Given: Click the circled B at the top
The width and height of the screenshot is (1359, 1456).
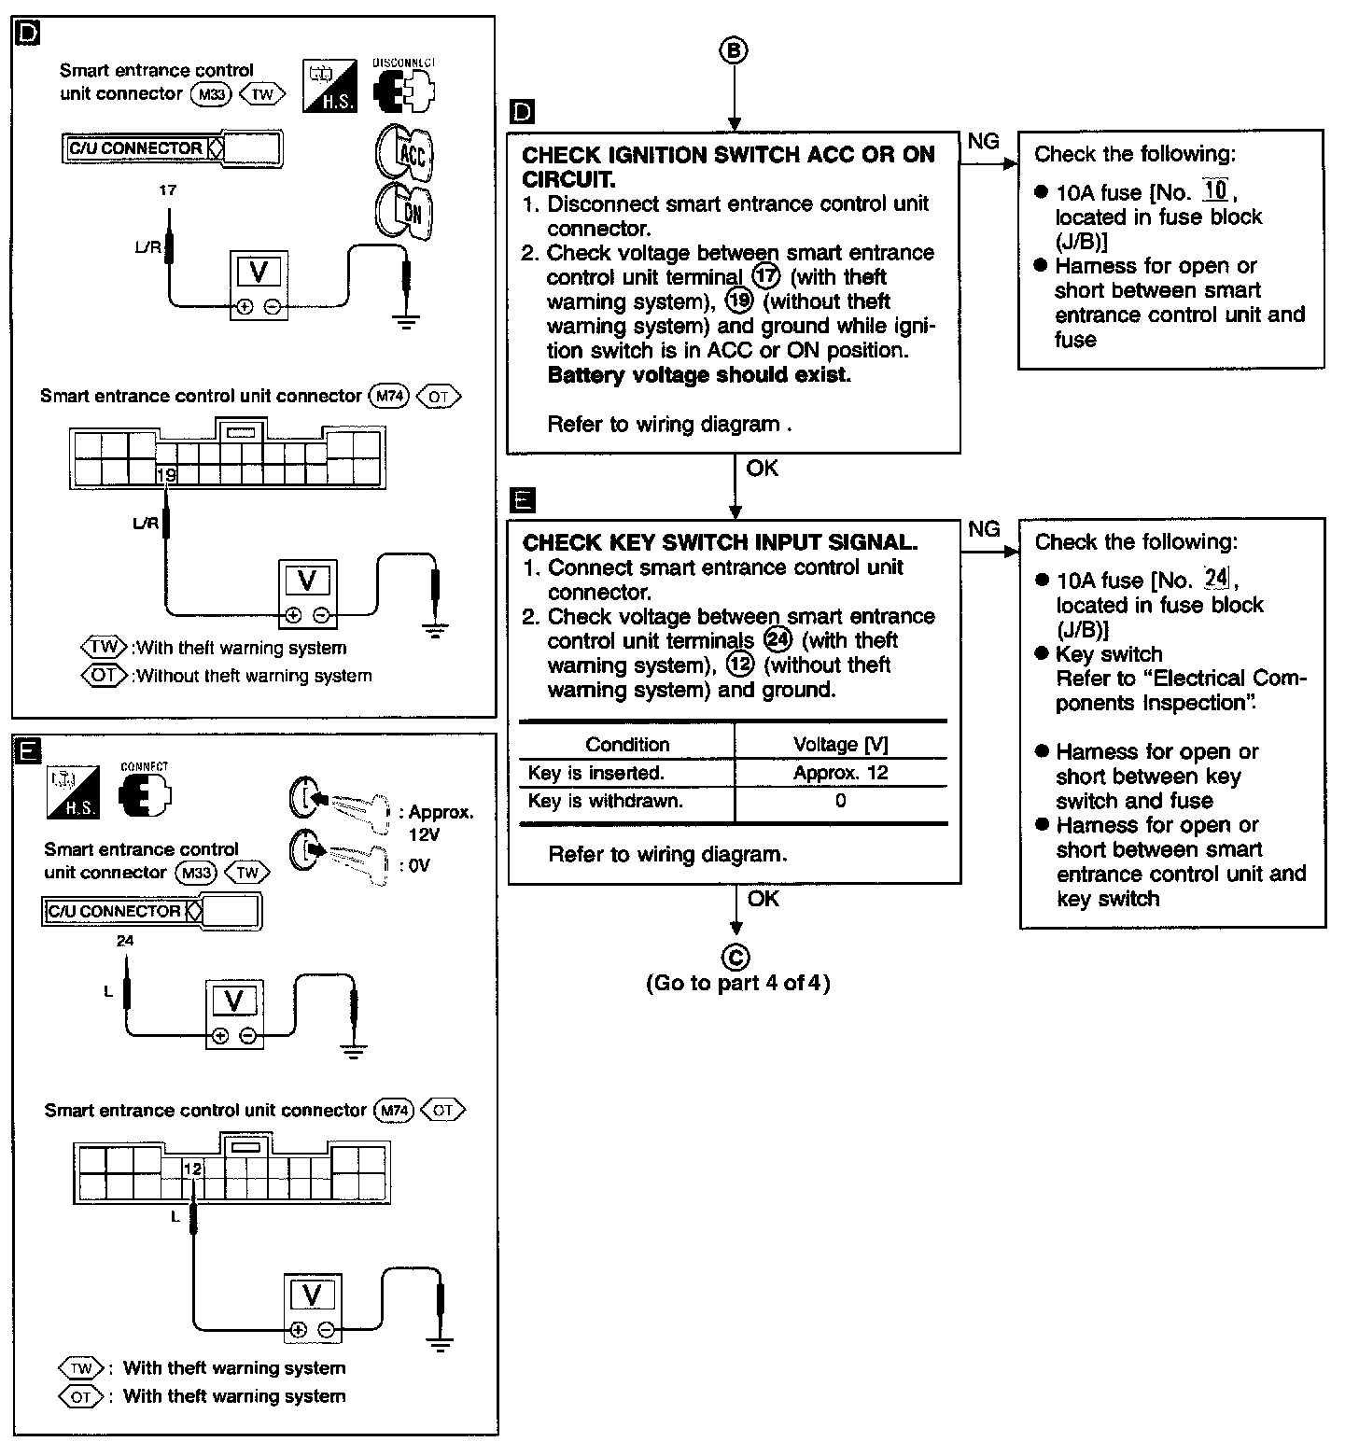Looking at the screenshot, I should click(x=734, y=50).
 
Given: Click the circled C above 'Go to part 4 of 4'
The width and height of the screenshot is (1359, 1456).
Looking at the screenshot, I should click(x=736, y=956).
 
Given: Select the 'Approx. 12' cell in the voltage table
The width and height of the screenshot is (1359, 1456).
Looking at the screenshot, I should click(x=840, y=773).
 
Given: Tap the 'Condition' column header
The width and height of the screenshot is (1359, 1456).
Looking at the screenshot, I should click(x=627, y=744).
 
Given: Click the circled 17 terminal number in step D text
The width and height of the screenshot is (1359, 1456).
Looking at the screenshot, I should click(x=765, y=277).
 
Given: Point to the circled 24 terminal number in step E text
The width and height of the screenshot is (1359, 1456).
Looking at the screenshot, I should click(x=777, y=640).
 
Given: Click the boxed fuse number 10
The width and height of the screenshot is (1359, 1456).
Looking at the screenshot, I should click(x=1215, y=191).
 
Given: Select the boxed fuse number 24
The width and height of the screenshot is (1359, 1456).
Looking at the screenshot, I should click(x=1216, y=579).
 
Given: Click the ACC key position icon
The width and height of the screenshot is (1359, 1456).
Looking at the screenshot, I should click(x=405, y=151).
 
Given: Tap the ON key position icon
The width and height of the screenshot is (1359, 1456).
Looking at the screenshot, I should click(x=405, y=211).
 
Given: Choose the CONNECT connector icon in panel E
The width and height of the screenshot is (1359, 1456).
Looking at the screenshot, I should click(x=146, y=794).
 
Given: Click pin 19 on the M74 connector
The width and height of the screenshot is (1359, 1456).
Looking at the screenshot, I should click(x=166, y=475).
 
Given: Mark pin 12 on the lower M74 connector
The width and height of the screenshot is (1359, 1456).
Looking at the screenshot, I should click(x=192, y=1168).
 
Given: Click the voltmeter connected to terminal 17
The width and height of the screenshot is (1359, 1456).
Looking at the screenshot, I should click(x=259, y=285).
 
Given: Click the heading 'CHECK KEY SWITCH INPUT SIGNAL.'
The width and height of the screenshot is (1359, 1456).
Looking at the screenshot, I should click(x=720, y=542).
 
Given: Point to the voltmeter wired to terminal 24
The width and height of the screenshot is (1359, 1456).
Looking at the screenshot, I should click(x=233, y=1014).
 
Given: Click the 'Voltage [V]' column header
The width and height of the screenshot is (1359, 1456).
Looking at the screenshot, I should click(x=840, y=744).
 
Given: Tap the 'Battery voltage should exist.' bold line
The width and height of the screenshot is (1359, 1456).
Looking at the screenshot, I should click(x=699, y=375).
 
